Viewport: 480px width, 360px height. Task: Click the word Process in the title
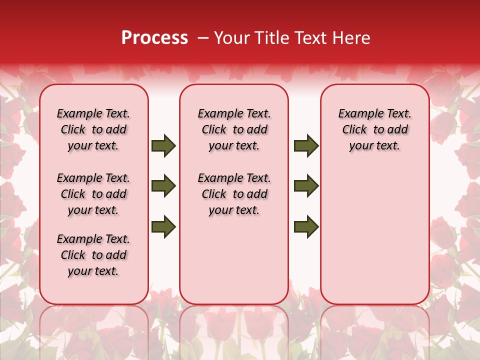154,38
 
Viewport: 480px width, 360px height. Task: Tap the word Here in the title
352,38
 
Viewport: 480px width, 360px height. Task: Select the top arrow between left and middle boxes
163,146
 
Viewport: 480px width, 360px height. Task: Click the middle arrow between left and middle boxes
163,186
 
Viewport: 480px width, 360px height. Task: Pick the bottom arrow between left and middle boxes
163,226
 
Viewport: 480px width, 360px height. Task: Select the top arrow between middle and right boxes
306,146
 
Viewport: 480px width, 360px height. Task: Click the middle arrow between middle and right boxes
306,186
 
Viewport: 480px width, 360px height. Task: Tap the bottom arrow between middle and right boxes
306,226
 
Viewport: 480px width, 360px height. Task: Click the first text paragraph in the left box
93,129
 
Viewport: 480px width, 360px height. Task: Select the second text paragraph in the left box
93,194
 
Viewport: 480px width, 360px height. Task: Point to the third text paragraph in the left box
93,255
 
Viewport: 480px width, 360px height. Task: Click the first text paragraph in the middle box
234,129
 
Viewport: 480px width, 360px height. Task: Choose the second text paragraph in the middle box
234,194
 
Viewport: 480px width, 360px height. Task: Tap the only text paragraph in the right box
375,129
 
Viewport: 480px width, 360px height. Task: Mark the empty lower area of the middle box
234,260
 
